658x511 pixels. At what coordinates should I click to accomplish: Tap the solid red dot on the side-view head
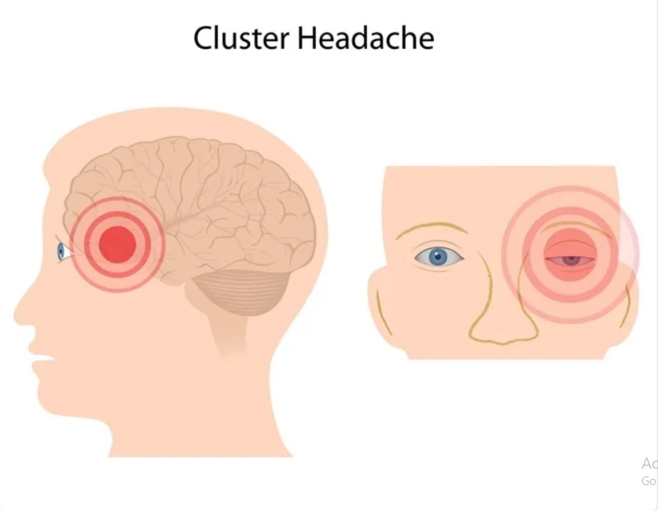[116, 244]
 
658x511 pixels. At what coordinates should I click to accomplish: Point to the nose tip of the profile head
[17, 314]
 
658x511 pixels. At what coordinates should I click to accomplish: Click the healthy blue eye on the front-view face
[439, 256]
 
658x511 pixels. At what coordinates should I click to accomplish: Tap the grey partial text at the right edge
[649, 471]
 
